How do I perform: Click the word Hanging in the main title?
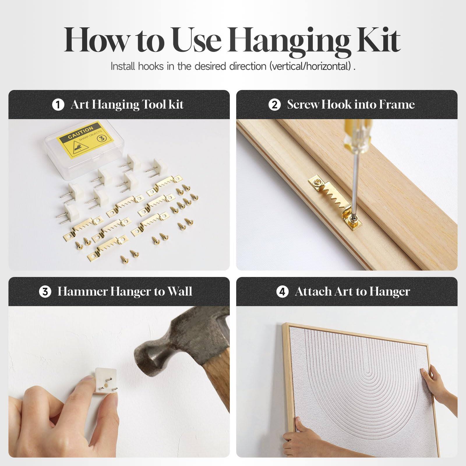tap(291, 41)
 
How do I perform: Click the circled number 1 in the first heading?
tap(58, 105)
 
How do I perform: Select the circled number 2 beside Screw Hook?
tap(274, 105)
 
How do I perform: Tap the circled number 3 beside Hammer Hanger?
tap(45, 292)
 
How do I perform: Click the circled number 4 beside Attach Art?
tap(282, 292)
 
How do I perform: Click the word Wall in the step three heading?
tap(180, 292)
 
